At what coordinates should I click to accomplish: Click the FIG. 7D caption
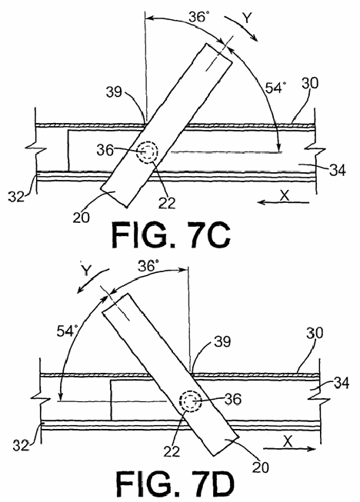pyautogui.click(x=175, y=484)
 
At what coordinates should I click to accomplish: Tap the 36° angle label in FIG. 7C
pyautogui.click(x=199, y=17)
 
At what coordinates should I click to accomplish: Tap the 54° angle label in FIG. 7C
pyautogui.click(x=275, y=87)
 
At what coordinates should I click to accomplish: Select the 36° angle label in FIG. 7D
pyautogui.click(x=148, y=265)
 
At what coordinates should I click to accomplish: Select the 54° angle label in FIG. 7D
pyautogui.click(x=68, y=331)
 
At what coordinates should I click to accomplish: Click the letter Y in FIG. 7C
pyautogui.click(x=247, y=18)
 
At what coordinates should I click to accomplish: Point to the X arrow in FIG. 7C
pyautogui.click(x=284, y=202)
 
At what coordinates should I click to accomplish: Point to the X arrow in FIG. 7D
pyautogui.click(x=289, y=449)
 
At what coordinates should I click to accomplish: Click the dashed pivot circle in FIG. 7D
pyautogui.click(x=191, y=401)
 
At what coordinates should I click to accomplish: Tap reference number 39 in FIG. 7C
pyautogui.click(x=115, y=92)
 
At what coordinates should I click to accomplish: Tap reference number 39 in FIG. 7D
pyautogui.click(x=222, y=341)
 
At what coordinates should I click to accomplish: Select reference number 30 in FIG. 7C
pyautogui.click(x=310, y=83)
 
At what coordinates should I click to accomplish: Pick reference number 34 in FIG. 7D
pyautogui.click(x=342, y=383)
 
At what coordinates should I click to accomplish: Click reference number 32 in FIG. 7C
pyautogui.click(x=16, y=196)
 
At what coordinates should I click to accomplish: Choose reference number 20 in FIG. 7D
pyautogui.click(x=261, y=467)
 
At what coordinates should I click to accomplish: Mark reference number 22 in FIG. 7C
pyautogui.click(x=167, y=203)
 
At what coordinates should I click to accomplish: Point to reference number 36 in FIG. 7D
pyautogui.click(x=233, y=399)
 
